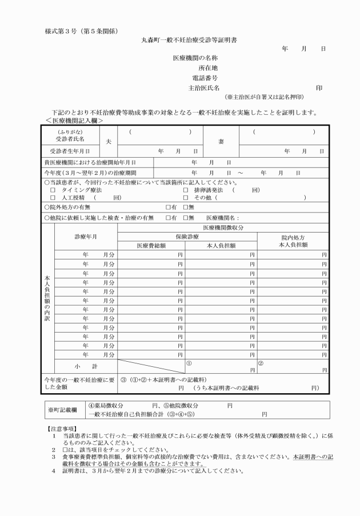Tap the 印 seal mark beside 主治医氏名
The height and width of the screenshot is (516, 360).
tap(319, 88)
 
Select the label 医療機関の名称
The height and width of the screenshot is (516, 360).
tap(195, 58)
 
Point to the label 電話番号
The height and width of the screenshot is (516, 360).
tap(206, 78)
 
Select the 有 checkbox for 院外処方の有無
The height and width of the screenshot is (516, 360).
tap(168, 207)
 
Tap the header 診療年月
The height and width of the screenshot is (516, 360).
tap(86, 236)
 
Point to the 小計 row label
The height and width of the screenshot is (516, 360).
tap(86, 365)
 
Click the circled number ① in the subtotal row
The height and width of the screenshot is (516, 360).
tap(189, 362)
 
